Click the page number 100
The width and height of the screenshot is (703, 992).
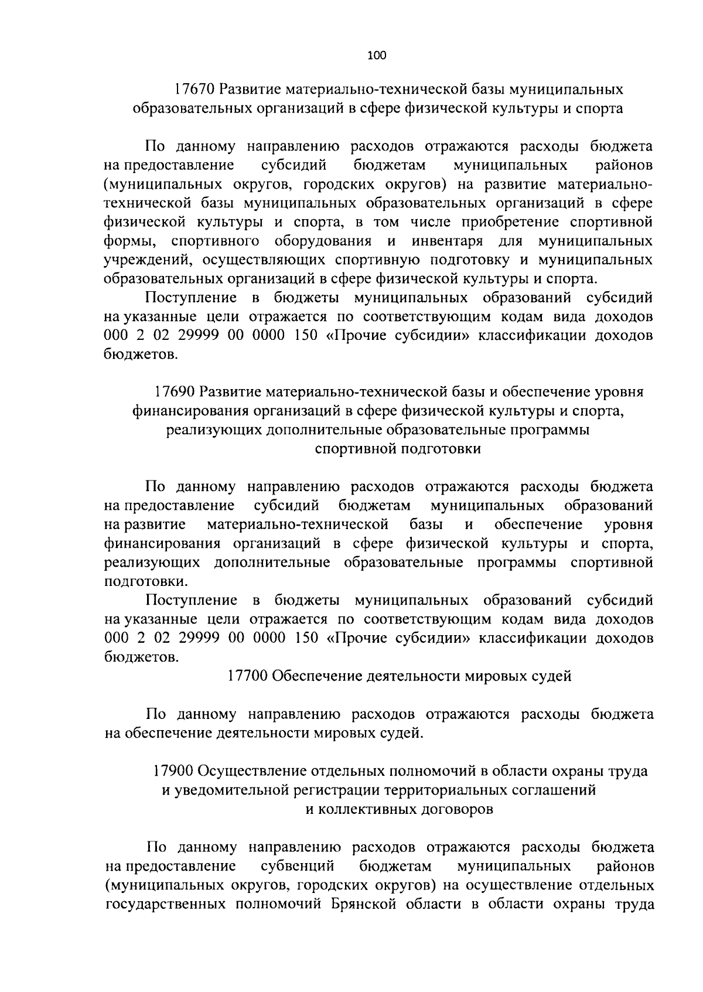[x=377, y=56]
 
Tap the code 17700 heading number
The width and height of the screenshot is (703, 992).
[x=247, y=676]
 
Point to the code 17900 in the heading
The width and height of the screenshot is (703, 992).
[x=174, y=771]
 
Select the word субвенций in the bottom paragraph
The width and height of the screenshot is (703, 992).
[x=297, y=866]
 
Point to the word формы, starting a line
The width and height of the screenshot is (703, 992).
[x=131, y=241]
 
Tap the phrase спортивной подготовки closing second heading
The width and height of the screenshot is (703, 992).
[x=398, y=449]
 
